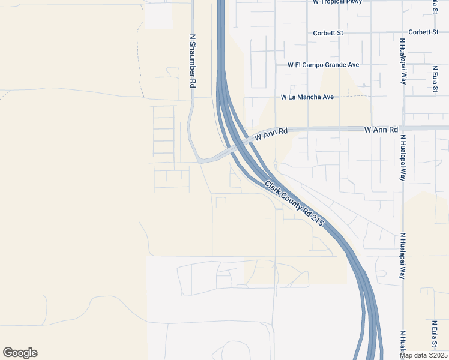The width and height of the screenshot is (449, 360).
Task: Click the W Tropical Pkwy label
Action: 337,2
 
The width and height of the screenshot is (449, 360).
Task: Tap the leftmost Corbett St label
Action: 328,33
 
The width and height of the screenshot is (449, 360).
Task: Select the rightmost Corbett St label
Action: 423,32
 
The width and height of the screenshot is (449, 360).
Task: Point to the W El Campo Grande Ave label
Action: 323,65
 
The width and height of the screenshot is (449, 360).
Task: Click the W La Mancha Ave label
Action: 307,97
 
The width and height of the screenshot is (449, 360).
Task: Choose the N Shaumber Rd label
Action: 193,61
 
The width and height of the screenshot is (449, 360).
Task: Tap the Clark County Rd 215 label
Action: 294,203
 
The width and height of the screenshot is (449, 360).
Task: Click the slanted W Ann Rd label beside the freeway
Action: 271,134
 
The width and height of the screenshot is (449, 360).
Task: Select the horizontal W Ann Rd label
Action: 381,130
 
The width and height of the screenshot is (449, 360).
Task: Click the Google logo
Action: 20,353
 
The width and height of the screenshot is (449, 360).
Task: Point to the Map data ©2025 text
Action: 423,355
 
